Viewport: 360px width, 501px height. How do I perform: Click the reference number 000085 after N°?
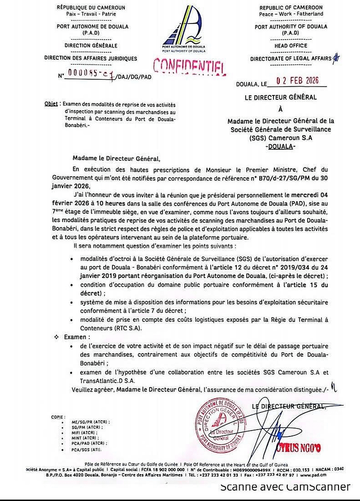pos(82,74)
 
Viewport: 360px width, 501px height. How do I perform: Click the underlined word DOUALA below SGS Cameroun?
pos(282,146)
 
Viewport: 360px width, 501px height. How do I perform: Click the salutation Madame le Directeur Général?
pos(116,158)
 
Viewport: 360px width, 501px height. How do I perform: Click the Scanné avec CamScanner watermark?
pos(285,487)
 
